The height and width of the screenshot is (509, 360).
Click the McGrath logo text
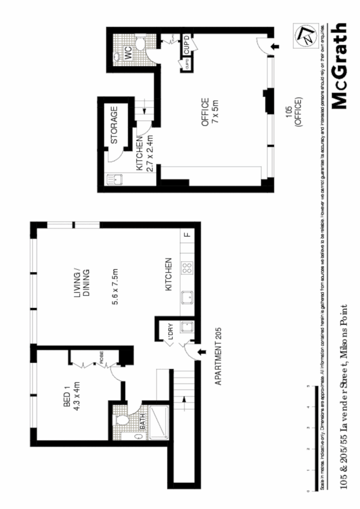click(x=339, y=66)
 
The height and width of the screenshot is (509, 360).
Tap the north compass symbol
click(x=306, y=36)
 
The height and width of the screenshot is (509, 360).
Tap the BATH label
click(x=143, y=421)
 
